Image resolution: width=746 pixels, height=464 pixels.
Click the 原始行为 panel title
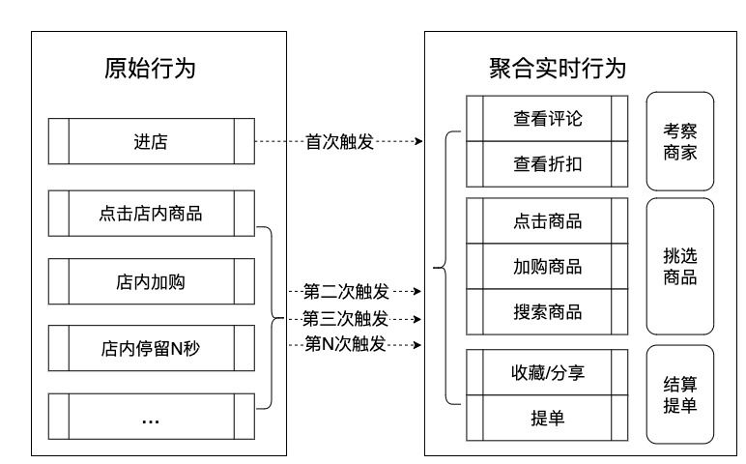coord(150,69)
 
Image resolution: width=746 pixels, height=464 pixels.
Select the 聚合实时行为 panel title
coord(558,69)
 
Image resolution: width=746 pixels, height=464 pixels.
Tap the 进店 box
coord(152,141)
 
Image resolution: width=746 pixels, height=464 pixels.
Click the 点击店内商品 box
coord(152,214)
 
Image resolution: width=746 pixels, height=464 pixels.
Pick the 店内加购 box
coord(152,281)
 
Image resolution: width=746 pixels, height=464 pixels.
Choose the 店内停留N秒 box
coord(152,348)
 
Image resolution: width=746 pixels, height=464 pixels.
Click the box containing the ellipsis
coord(152,417)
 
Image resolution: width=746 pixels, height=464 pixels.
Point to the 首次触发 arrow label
coord(339,142)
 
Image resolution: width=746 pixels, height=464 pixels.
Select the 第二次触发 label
coord(346,291)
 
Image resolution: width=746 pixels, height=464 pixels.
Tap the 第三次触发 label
coord(345,318)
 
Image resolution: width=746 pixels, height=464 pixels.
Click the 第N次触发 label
coord(345,343)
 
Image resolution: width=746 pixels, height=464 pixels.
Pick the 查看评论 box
coord(547,119)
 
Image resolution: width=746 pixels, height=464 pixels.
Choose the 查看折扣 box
coord(547,164)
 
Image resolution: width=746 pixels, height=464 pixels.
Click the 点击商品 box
coord(547,221)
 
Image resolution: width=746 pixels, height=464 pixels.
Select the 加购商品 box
coord(547,267)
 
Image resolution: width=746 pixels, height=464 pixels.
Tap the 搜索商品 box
coord(547,311)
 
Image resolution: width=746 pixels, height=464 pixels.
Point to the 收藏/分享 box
coord(547,372)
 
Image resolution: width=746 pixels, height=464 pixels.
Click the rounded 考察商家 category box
coord(680,141)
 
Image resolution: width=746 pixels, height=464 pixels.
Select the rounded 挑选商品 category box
coord(680,267)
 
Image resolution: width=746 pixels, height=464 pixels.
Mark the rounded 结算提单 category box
coord(680,394)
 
